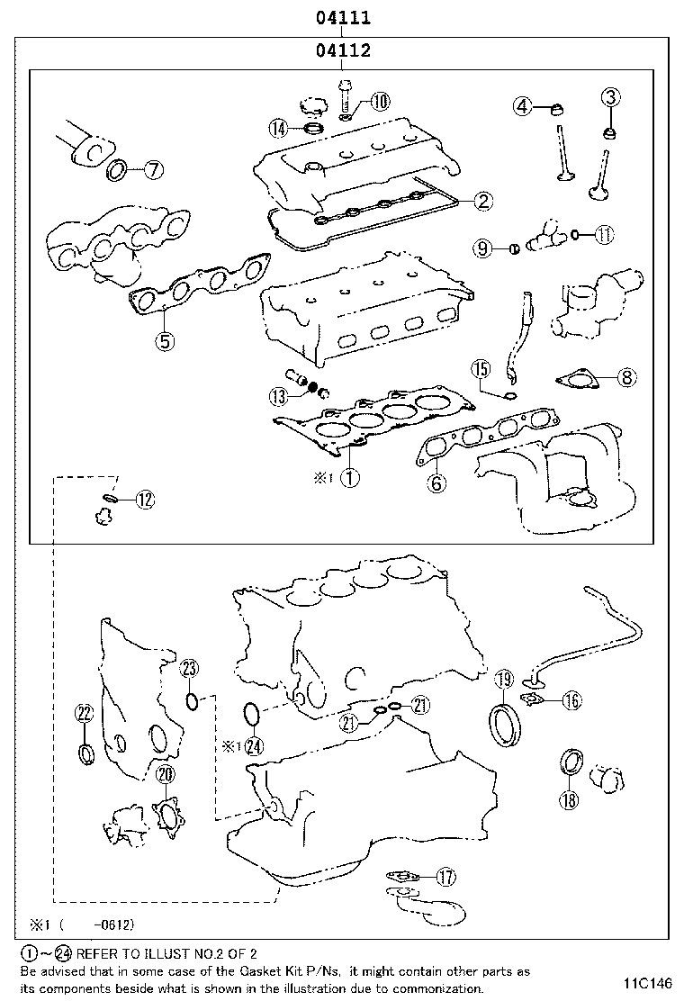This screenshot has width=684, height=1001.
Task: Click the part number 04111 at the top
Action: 342,17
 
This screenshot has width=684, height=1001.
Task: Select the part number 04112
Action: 342,51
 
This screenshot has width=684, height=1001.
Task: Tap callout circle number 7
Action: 152,168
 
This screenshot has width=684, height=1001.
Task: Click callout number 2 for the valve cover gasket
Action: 483,201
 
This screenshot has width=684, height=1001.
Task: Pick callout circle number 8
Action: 626,378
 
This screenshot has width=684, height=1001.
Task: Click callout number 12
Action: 145,500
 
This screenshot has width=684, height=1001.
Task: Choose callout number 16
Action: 571,701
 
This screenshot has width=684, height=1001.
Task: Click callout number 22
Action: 85,714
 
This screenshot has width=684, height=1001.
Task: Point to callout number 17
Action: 446,876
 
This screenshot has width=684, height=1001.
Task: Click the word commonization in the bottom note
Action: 424,987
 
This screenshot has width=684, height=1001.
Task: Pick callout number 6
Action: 436,483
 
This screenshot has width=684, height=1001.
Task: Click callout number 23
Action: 189,668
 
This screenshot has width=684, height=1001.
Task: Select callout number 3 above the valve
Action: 610,97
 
